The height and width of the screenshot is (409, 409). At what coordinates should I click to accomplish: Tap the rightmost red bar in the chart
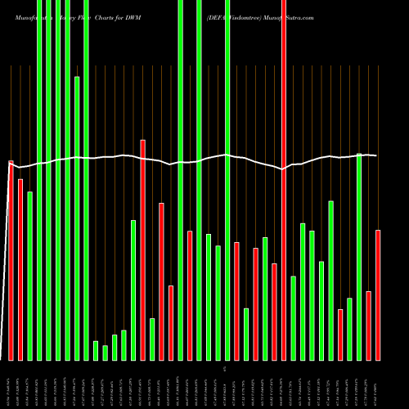378,294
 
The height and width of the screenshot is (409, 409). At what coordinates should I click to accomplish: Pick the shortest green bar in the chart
105,353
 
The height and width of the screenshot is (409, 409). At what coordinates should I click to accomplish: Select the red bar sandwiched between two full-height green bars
190,295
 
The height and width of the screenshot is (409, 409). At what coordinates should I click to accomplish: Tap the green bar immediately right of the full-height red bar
293,318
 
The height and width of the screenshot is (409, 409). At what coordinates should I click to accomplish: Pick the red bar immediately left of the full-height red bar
274,312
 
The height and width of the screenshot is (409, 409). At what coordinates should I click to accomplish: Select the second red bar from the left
20,269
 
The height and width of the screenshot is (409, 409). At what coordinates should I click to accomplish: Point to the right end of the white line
376,155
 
